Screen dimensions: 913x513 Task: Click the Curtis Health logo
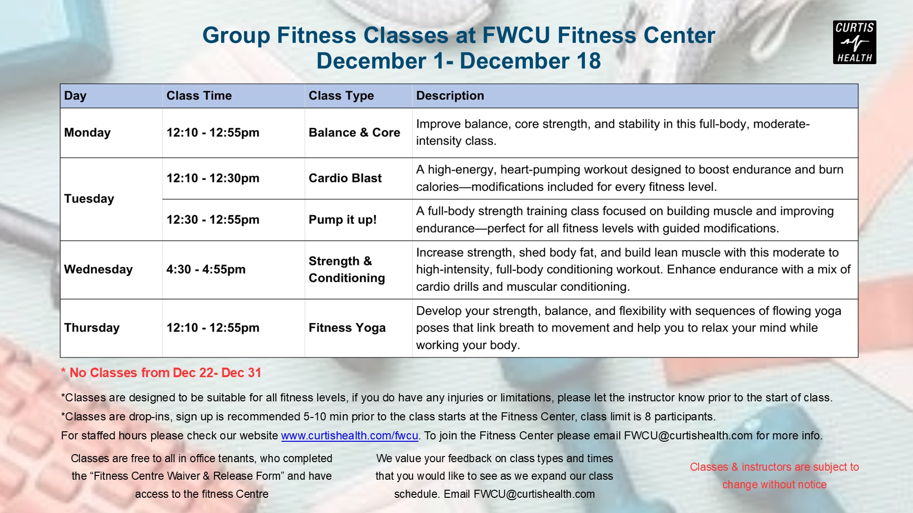855,42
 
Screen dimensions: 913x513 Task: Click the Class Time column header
199,95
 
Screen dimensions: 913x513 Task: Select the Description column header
450,95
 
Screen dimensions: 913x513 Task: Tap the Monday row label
87,133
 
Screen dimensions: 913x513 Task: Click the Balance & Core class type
354,133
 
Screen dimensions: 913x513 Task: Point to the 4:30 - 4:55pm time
206,269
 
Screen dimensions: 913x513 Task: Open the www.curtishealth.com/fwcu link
350,436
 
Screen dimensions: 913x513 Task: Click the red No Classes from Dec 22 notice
161,373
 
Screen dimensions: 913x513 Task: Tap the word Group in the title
236,36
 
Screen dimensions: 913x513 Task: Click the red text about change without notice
774,475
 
